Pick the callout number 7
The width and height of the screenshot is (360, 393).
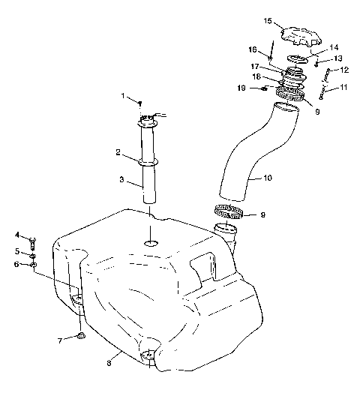click(59, 341)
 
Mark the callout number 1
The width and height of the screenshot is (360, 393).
click(124, 95)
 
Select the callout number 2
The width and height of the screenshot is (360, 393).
click(118, 152)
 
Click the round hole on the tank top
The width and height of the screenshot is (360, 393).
click(151, 244)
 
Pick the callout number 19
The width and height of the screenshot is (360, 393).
click(253, 88)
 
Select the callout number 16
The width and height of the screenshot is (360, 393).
click(253, 50)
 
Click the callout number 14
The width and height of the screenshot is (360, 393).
click(334, 46)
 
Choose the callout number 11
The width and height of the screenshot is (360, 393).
click(344, 88)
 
